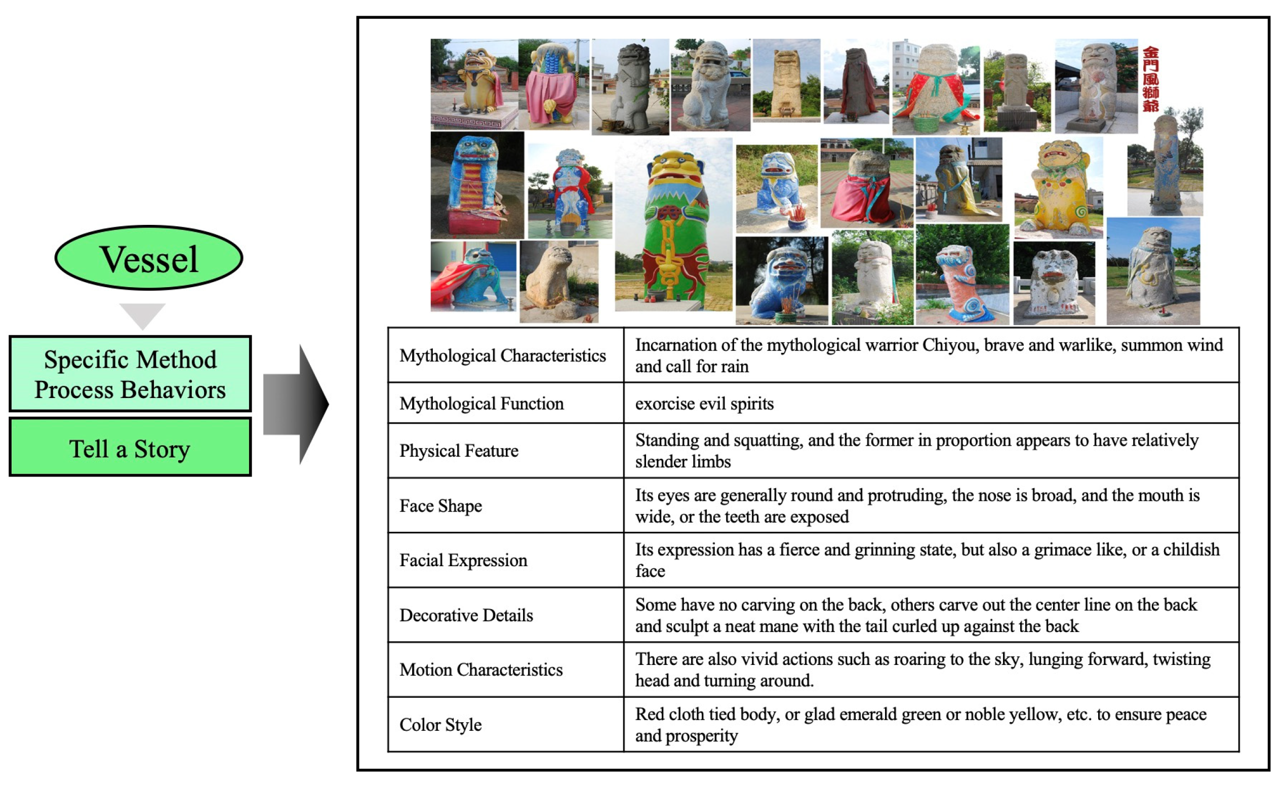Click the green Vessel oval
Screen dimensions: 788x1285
[149, 258]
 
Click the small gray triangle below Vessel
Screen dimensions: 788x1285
[142, 315]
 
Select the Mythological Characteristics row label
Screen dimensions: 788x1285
[502, 356]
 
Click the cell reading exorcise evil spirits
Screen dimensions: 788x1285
[704, 404]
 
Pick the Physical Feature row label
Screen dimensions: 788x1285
[459, 451]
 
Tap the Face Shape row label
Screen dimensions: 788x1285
[440, 506]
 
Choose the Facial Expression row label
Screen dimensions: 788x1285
[463, 560]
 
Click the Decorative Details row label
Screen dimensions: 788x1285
[466, 615]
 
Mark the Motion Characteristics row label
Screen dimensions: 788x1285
[481, 669]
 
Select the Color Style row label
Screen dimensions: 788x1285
[440, 725]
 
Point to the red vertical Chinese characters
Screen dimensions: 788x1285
[1150, 80]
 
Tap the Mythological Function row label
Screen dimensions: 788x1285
[481, 404]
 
